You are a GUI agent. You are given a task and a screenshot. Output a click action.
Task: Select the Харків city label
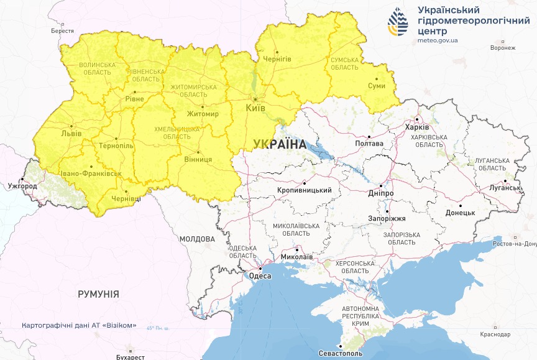(x=416, y=127)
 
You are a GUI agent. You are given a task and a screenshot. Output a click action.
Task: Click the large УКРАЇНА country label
(x=280, y=144)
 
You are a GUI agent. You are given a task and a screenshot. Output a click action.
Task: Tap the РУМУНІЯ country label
(x=98, y=294)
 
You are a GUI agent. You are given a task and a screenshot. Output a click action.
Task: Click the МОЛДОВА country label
(x=197, y=239)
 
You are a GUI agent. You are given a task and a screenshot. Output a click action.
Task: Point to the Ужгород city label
(x=22, y=186)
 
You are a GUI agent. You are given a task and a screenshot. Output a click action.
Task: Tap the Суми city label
(x=377, y=86)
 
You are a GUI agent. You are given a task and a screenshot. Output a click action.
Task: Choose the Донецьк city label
(x=460, y=212)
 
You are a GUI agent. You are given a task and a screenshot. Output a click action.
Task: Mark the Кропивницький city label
(x=305, y=190)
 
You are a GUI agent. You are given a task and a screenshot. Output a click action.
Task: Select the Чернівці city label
(x=126, y=198)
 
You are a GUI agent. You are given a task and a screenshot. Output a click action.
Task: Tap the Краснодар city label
(x=495, y=335)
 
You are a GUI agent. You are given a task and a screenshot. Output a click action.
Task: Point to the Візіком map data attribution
(x=79, y=325)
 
